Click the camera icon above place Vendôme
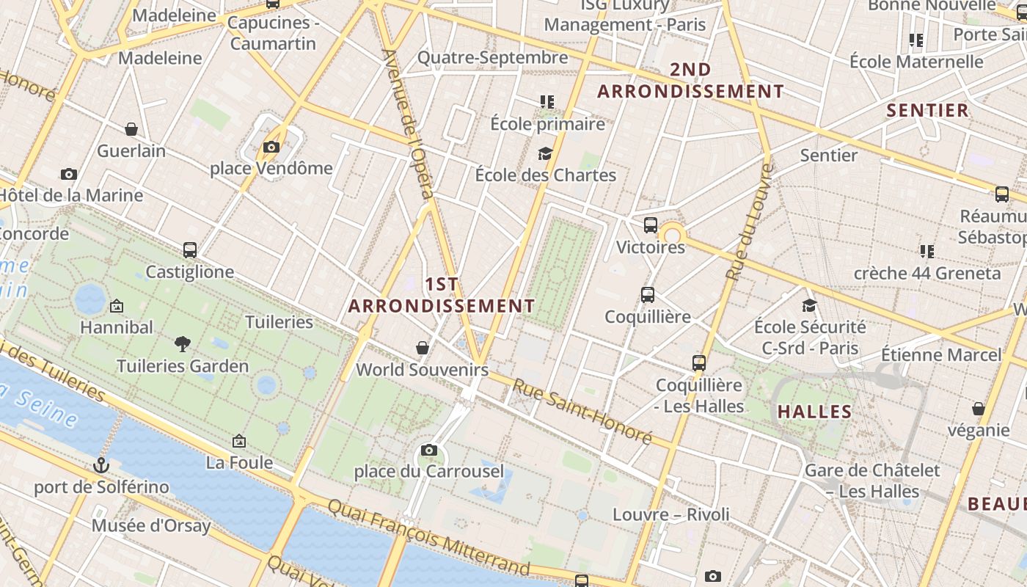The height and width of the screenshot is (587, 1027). click(x=271, y=147)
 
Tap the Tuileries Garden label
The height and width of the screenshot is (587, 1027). click(x=183, y=365)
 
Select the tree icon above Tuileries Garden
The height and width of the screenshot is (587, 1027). click(x=183, y=343)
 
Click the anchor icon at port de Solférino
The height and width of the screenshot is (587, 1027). click(x=101, y=465)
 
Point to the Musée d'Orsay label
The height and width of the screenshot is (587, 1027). click(x=151, y=525)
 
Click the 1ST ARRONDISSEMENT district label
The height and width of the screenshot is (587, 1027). click(x=442, y=295)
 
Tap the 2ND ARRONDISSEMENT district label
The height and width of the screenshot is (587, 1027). click(x=690, y=81)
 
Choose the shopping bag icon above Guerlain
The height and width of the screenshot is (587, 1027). click(x=131, y=130)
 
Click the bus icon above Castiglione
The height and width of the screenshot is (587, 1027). click(x=190, y=250)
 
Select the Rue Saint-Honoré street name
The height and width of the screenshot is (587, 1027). click(x=582, y=411)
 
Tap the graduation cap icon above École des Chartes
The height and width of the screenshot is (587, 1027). click(x=545, y=153)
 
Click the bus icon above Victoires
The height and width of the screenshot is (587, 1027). click(x=651, y=225)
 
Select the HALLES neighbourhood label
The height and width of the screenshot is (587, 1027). click(x=814, y=412)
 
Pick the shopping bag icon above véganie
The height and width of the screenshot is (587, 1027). click(x=978, y=409)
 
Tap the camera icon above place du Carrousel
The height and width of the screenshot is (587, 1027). click(x=429, y=450)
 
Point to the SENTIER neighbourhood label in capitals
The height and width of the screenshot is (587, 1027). click(x=928, y=111)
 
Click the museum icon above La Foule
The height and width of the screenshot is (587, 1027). click(x=239, y=441)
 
